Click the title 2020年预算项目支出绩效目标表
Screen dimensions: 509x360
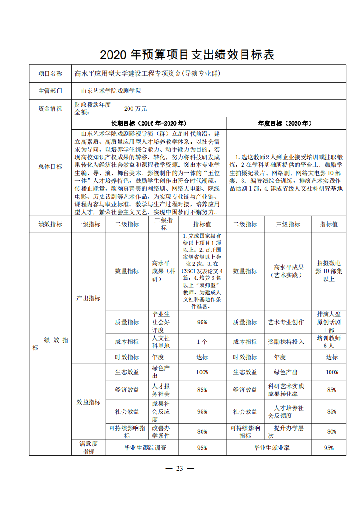click(x=187, y=55)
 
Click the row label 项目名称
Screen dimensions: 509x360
click(x=50, y=73)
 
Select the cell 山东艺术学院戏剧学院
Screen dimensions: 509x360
click(x=111, y=91)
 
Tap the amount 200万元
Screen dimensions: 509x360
click(x=135, y=109)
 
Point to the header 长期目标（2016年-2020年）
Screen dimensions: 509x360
click(x=148, y=123)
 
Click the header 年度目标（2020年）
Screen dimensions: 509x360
click(x=285, y=123)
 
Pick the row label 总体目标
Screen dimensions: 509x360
click(x=50, y=166)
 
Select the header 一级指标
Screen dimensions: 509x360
click(x=89, y=224)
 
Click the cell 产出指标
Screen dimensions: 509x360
click(x=89, y=298)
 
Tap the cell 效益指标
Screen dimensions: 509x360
click(x=89, y=402)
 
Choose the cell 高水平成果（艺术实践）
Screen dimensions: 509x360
click(x=289, y=271)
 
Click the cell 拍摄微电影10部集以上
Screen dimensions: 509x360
click(x=329, y=271)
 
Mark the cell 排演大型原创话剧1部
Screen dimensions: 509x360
click(x=329, y=322)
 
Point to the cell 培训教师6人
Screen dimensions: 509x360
click(x=329, y=342)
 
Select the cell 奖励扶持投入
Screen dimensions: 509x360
click(x=286, y=342)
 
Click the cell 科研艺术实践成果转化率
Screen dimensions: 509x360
click(x=286, y=390)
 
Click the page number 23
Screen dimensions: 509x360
click(x=179, y=469)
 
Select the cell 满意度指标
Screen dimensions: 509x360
click(x=89, y=447)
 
